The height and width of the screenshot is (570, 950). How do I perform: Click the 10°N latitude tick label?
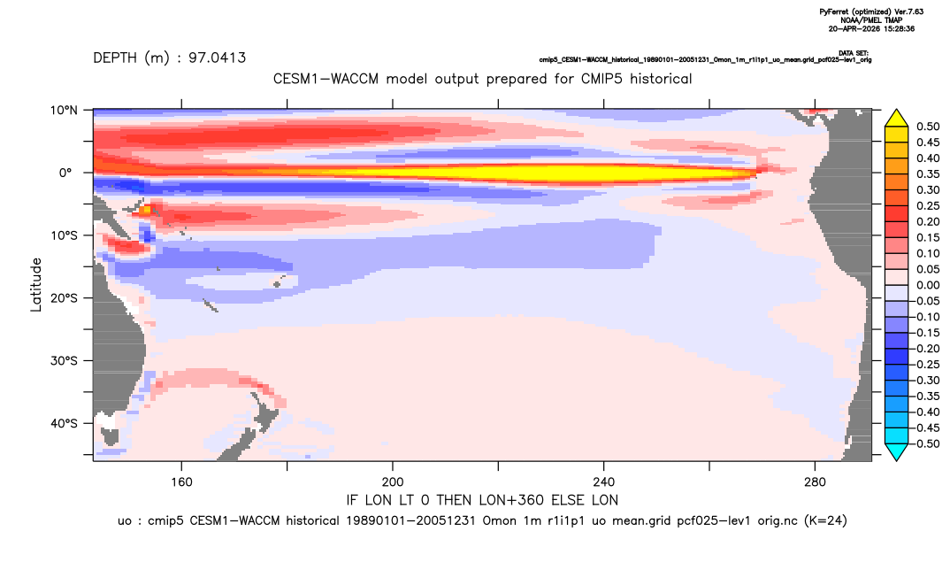pyautogui.click(x=64, y=111)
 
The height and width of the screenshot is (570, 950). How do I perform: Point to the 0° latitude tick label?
pyautogui.click(x=65, y=173)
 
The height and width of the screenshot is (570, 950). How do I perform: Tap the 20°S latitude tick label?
pyautogui.click(x=64, y=298)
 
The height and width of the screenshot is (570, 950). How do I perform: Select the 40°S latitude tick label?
pyautogui.click(x=64, y=423)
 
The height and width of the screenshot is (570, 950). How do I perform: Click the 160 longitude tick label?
pyautogui.click(x=181, y=482)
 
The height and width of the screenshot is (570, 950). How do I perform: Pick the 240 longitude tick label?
pyautogui.click(x=604, y=482)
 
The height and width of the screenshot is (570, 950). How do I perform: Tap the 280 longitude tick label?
pyautogui.click(x=815, y=482)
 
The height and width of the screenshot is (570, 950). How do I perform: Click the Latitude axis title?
pyautogui.click(x=36, y=285)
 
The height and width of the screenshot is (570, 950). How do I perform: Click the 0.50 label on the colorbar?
pyautogui.click(x=928, y=127)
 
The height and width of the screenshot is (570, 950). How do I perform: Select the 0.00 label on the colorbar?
pyautogui.click(x=928, y=285)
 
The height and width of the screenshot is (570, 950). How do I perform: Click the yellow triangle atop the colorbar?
pyautogui.click(x=897, y=119)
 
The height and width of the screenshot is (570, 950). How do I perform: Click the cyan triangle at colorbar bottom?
pyautogui.click(x=897, y=451)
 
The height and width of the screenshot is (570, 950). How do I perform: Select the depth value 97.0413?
pyautogui.click(x=217, y=58)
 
